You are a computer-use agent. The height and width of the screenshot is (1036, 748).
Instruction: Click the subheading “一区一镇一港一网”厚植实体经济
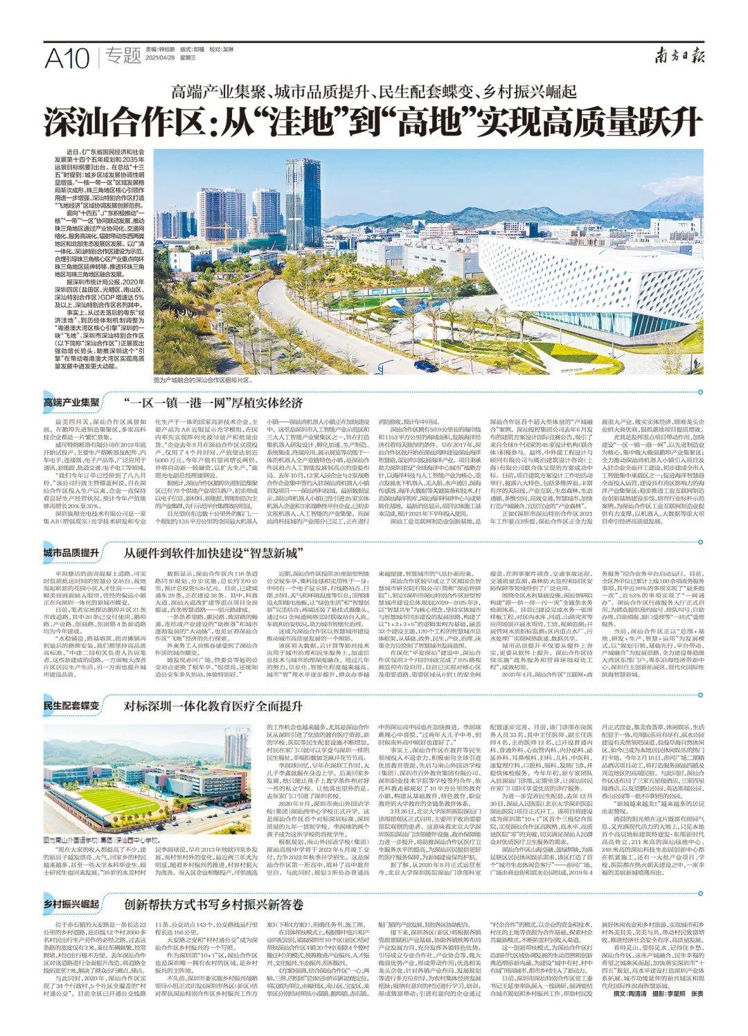(x=213, y=402)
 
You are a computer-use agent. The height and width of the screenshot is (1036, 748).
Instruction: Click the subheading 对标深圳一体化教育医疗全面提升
(x=213, y=707)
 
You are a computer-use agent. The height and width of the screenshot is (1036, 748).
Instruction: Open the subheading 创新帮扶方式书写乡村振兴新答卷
(x=214, y=904)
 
